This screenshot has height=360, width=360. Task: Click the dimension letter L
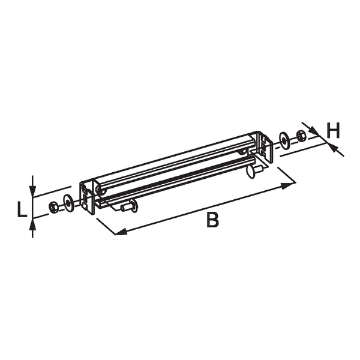point(21,209)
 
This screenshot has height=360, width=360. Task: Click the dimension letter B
point(212,220)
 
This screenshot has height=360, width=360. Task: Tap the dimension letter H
point(334,130)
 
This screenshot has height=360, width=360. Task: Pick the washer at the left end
point(68,203)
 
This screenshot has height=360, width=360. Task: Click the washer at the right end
point(285,140)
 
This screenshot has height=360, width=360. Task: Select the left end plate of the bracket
point(88,197)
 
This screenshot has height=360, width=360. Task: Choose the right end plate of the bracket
point(265,146)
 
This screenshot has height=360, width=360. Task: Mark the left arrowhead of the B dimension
point(119,231)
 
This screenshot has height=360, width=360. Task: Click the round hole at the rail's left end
point(102,191)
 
